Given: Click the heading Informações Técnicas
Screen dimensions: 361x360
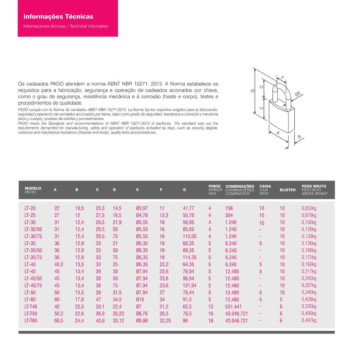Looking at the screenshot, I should coord(58,17).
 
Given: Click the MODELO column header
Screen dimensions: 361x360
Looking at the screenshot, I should coord(33,188).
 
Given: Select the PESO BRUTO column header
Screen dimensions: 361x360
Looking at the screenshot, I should coord(314,186).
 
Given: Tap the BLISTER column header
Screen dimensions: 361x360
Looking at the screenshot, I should coord(287,190).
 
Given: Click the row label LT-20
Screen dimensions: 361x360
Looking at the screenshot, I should coord(30,208).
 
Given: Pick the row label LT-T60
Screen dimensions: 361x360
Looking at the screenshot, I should coord(31,320).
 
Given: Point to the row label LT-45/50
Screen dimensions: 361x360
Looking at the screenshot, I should coord(33,278).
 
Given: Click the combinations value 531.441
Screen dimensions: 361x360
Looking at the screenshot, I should coord(233,306).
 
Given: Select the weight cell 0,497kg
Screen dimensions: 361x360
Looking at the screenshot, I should coord(309,320).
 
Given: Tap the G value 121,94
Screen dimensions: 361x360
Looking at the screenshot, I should coord(189,285).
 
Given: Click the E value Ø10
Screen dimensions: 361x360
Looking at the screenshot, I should coord(140,299).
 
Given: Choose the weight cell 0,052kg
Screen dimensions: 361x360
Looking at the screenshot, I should coord(309,208).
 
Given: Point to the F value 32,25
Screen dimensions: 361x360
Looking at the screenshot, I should coord(165,320).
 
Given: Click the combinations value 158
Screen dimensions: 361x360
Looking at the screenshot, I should coord(229,208).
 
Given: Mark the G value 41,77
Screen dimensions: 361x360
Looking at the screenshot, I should coord(188,208).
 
